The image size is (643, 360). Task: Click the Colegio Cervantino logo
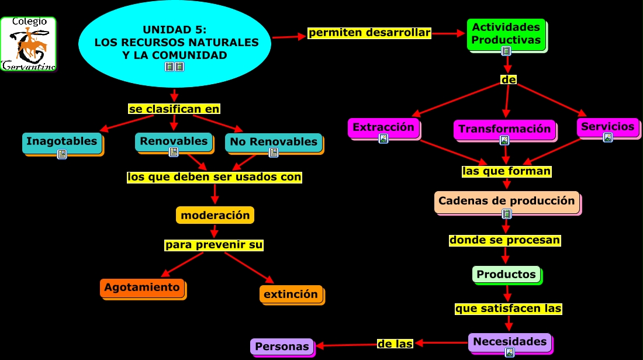28,44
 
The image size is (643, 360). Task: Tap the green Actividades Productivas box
506,34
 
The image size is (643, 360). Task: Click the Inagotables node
61,142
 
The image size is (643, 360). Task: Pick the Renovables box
174,141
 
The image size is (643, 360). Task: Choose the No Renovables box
273,142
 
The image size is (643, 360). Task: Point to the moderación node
215,215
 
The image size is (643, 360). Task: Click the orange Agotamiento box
142,288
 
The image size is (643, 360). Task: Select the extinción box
291,294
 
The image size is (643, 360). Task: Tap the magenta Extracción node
383,127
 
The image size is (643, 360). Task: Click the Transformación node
504,129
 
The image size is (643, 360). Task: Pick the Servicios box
607,127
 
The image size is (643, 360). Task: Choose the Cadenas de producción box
506,201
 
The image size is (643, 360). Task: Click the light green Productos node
506,274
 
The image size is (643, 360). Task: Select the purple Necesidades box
510,342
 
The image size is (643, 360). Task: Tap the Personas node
282,347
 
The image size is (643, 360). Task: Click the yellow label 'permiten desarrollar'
369,33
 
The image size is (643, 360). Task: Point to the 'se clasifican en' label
174,109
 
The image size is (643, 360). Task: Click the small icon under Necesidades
510,352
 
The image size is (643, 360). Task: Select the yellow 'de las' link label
395,344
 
